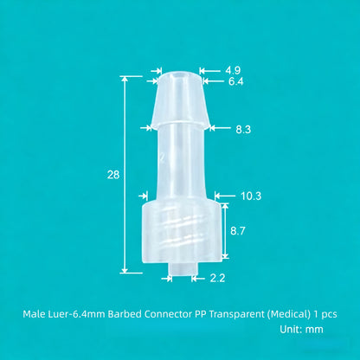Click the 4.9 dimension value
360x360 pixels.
[x=233, y=69]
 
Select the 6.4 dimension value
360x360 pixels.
[x=236, y=81]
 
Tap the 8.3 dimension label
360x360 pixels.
[x=244, y=129]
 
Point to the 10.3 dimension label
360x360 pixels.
[x=251, y=196]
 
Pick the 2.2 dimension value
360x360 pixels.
[x=217, y=277]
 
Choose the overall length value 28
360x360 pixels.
[x=112, y=174]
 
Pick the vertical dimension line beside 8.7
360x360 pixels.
[x=225, y=231]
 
